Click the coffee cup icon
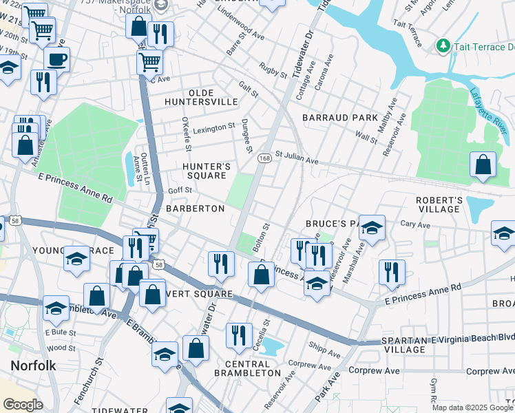[x=56, y=59]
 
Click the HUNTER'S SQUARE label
[x=204, y=171]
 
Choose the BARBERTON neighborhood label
[x=195, y=208]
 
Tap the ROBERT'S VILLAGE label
[x=438, y=204]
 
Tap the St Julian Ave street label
[x=297, y=158]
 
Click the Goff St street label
[x=179, y=191]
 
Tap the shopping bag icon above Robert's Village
[x=483, y=165]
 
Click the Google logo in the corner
[x=23, y=404]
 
